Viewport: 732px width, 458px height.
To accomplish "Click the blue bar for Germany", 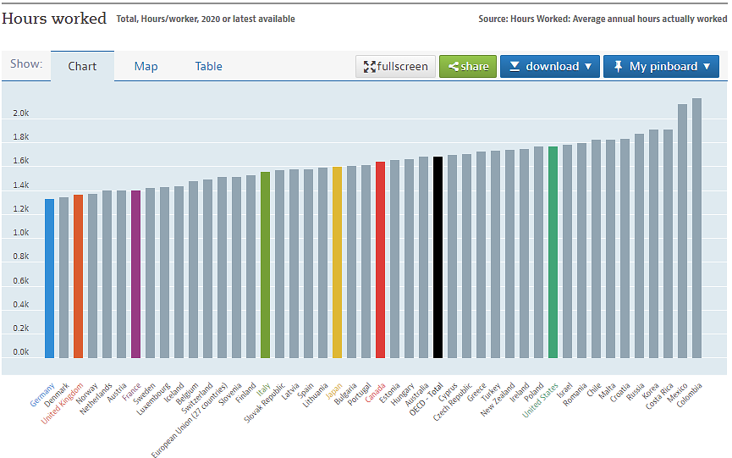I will point(49,279).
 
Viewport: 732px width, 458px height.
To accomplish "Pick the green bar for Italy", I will point(265,265).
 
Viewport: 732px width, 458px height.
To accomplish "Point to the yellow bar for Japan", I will point(337,262).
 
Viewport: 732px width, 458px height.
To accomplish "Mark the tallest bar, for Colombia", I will point(696,228).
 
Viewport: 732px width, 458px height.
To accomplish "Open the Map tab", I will point(146,66).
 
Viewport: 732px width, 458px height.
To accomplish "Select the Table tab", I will point(209,66).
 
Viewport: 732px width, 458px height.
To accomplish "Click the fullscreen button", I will point(395,66).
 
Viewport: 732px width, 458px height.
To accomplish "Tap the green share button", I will point(468,66).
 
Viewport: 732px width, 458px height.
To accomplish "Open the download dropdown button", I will point(549,66).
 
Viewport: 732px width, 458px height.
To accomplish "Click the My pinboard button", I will point(660,66).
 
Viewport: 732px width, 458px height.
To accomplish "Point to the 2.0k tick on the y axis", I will point(20,113).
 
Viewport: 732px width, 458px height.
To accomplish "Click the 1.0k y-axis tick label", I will point(20,233).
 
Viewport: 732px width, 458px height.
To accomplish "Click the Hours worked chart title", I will point(54,18).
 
